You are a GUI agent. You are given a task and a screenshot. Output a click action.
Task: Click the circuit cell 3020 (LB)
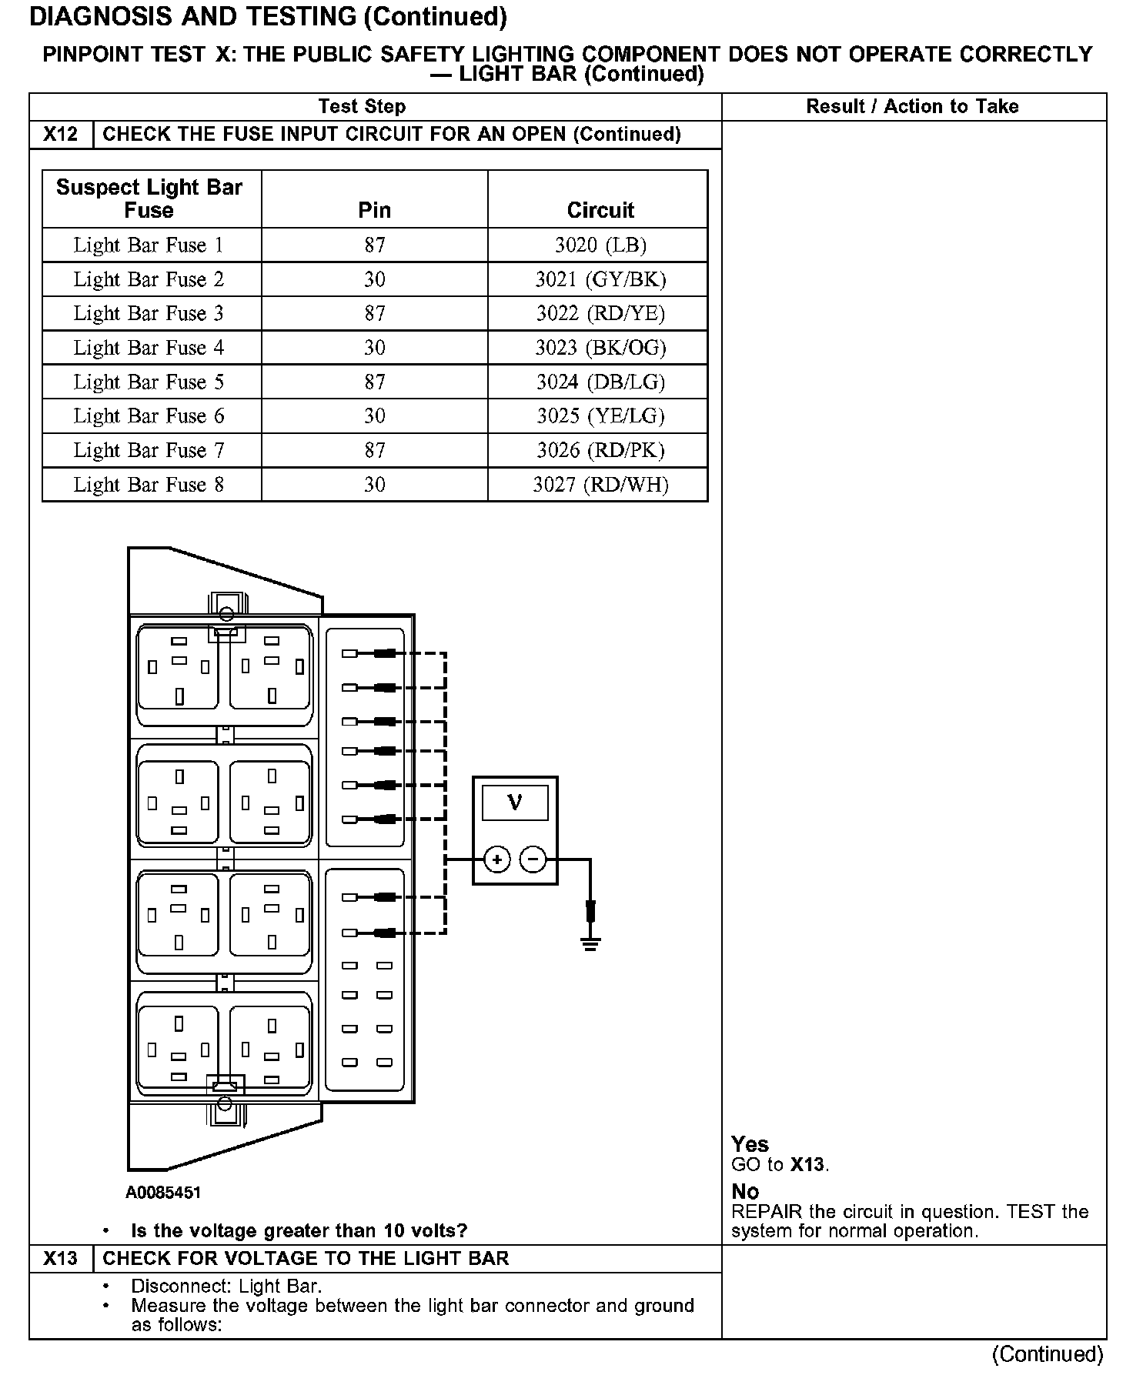click(600, 245)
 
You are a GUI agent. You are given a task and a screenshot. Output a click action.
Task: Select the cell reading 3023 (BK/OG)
click(600, 348)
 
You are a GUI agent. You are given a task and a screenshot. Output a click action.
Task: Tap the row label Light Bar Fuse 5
click(149, 382)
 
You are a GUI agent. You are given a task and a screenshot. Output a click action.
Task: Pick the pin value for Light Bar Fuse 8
click(375, 485)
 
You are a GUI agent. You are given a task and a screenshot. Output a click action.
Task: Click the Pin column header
click(375, 210)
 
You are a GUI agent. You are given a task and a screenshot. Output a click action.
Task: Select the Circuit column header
click(600, 210)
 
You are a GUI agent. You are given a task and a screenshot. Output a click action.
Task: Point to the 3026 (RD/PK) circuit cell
click(600, 450)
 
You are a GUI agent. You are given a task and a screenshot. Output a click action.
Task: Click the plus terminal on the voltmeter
click(497, 859)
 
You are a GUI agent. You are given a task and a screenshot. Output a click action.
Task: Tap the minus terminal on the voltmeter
click(533, 859)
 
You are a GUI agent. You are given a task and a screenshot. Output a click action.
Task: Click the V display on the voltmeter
click(515, 803)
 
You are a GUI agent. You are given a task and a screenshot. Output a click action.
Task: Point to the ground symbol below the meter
click(590, 943)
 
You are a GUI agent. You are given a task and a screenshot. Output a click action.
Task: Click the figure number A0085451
click(163, 1193)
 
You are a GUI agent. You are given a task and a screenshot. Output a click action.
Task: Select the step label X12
click(61, 135)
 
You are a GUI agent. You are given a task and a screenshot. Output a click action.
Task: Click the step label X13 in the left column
click(61, 1259)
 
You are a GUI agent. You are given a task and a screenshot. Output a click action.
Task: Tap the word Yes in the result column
click(750, 1144)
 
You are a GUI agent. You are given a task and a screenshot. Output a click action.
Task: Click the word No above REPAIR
click(745, 1192)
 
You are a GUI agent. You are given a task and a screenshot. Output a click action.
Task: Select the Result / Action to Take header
click(912, 107)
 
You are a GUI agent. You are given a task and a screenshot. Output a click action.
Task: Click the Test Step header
click(362, 107)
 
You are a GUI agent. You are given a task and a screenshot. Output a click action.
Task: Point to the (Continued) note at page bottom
click(1048, 1354)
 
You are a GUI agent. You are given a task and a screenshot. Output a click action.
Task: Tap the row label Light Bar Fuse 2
click(149, 279)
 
